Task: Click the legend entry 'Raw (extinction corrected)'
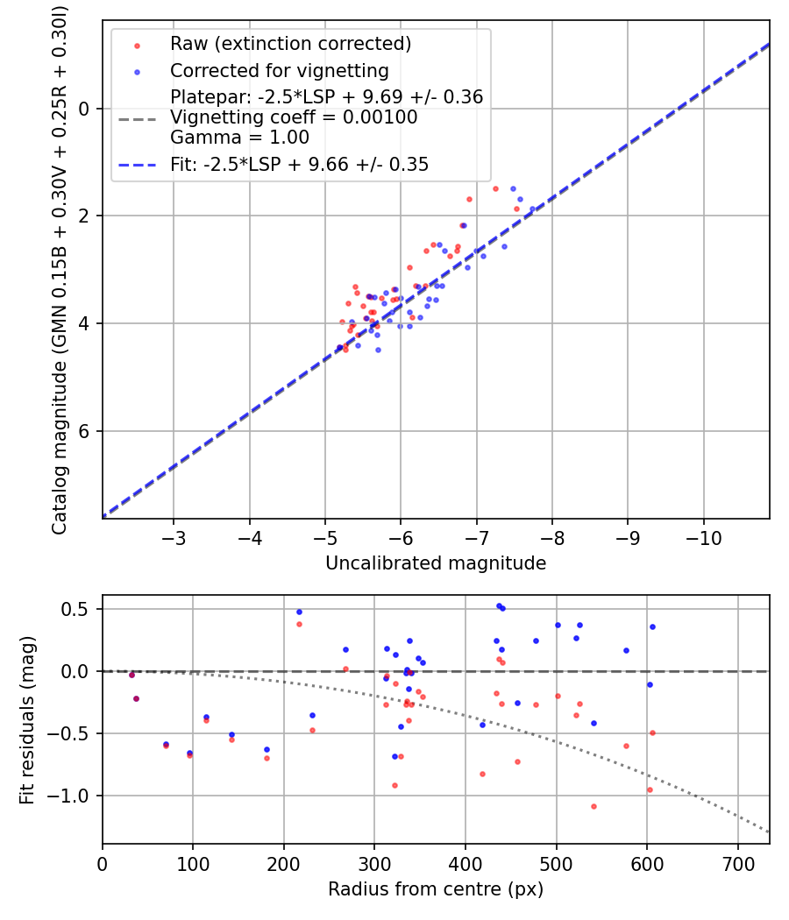(x=290, y=44)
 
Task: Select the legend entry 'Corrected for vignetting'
(x=279, y=70)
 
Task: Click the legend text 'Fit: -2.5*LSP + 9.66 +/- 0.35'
(x=299, y=164)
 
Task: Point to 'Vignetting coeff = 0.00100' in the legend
(x=294, y=117)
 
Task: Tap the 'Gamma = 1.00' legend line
(x=239, y=138)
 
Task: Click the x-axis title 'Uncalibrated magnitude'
(x=436, y=563)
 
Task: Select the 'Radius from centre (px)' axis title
(x=436, y=889)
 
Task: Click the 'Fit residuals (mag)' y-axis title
(x=27, y=719)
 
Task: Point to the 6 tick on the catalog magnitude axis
(x=85, y=431)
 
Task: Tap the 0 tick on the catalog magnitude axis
(x=85, y=108)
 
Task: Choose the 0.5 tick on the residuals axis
(x=81, y=609)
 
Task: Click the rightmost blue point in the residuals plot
(x=652, y=626)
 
